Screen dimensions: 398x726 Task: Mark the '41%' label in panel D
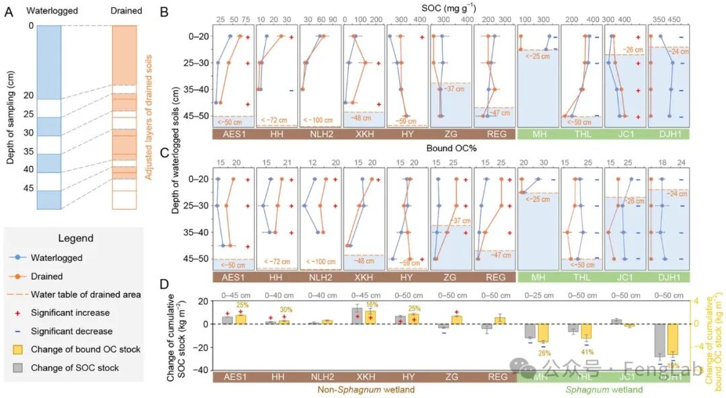587,351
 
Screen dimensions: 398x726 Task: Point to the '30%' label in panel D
286,309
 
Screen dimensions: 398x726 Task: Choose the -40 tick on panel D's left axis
199,370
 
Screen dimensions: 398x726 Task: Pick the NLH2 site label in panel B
320,134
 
